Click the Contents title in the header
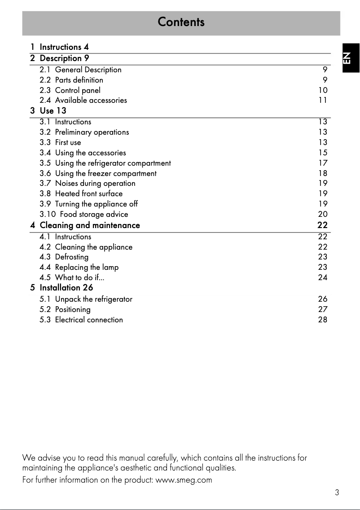[x=181, y=22]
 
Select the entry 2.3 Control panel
[x=70, y=90]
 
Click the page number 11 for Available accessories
[x=323, y=101]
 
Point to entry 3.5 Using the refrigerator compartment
[x=105, y=163]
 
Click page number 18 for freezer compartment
[x=323, y=173]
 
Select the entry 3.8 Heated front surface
[x=81, y=194]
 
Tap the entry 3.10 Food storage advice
[x=83, y=215]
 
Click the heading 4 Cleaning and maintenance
[x=85, y=225]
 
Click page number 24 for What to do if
[x=323, y=277]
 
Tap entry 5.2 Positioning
[x=65, y=309]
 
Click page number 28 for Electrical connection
[x=323, y=320]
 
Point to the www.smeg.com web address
[x=183, y=480]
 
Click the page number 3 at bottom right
[x=337, y=492]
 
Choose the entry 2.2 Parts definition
[x=71, y=80]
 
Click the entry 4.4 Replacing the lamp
[x=79, y=268]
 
